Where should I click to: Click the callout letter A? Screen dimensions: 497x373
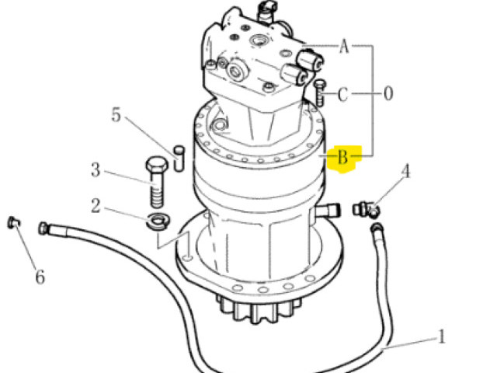(344, 46)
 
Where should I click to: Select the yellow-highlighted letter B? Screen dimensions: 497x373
(343, 157)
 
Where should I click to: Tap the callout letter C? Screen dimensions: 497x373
(342, 95)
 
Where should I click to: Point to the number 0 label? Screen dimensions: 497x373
(388, 93)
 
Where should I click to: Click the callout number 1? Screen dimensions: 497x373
(442, 336)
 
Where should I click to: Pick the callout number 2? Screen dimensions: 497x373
(96, 206)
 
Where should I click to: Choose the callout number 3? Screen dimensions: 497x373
(96, 169)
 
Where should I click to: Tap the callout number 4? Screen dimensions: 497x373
(405, 172)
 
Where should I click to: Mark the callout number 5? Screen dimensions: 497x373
(116, 114)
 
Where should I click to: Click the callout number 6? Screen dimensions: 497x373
(40, 277)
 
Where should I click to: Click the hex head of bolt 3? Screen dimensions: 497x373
(157, 164)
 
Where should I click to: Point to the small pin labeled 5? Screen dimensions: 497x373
(179, 159)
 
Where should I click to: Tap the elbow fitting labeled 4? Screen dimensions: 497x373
(366, 210)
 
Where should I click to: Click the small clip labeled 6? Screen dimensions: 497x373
(13, 222)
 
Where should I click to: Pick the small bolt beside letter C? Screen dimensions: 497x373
(319, 92)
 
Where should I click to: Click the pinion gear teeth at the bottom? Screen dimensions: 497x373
(259, 310)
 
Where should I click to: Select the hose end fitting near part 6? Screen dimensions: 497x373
(43, 228)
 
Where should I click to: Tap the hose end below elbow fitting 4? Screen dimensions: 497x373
(377, 228)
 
